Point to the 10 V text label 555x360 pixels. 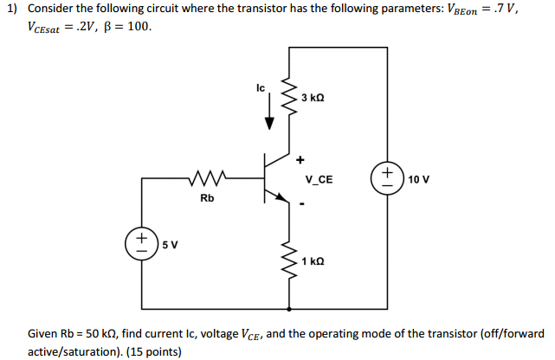click(419, 179)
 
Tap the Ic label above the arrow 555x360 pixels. click(261, 87)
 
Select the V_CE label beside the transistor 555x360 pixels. click(319, 181)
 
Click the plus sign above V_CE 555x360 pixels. click(300, 159)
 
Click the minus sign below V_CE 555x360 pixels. click(302, 205)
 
